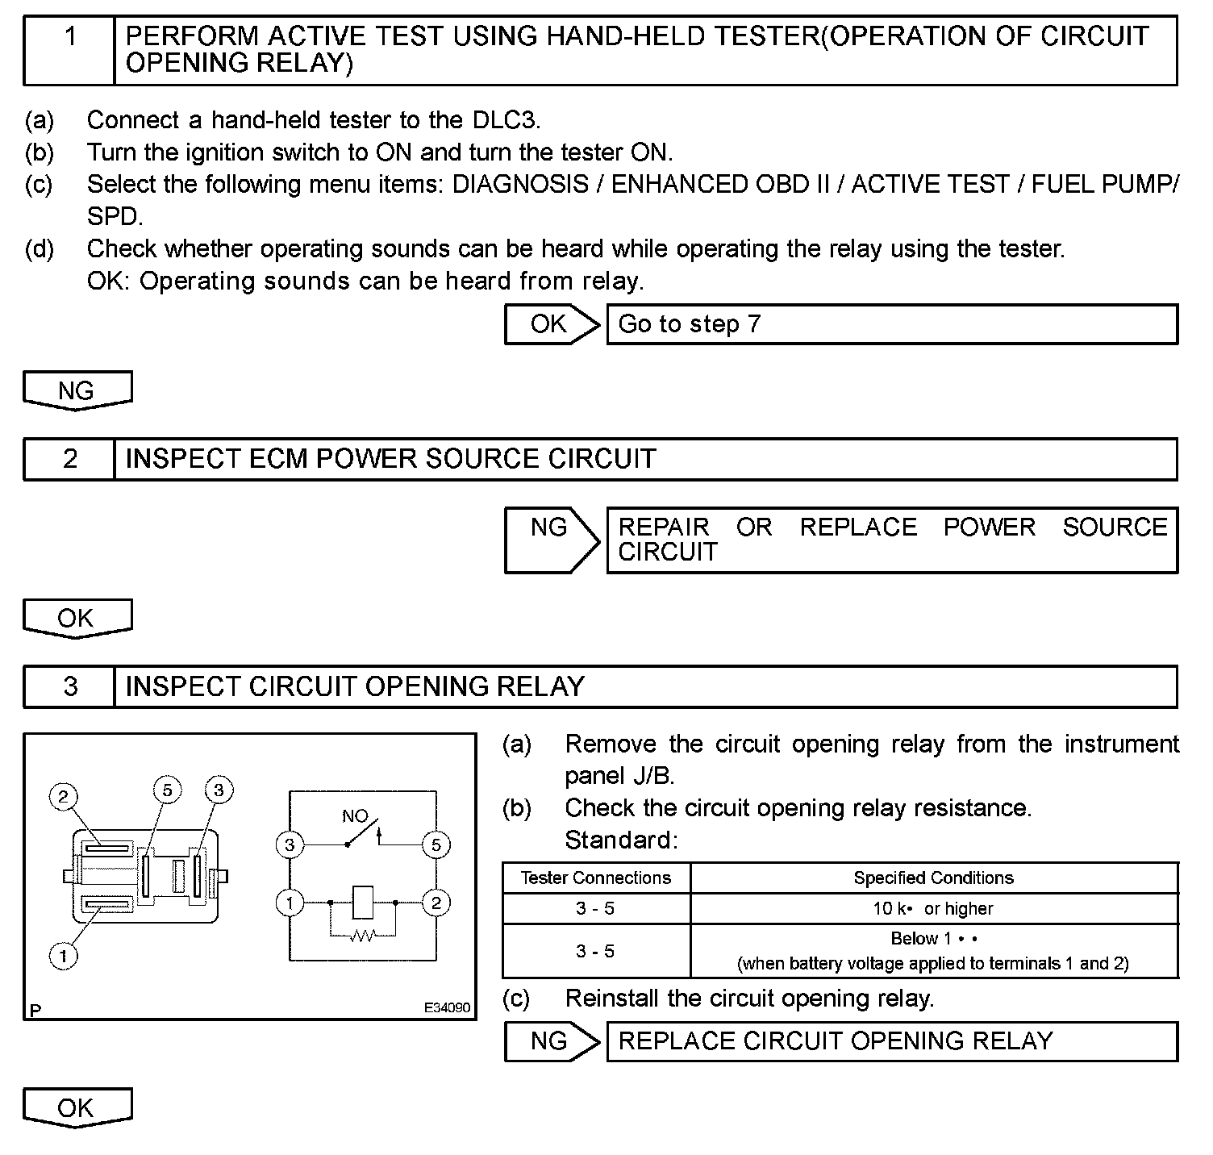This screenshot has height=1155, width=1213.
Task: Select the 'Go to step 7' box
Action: tap(891, 324)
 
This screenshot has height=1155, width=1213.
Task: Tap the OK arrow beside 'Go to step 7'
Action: tap(551, 324)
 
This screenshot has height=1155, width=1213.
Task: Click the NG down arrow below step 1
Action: tap(77, 390)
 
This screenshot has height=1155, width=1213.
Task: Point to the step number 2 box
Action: tap(70, 459)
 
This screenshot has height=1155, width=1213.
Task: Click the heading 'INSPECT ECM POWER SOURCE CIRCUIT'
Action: tap(391, 459)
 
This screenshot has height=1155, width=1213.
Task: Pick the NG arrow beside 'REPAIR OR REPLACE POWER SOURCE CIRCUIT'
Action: tap(551, 539)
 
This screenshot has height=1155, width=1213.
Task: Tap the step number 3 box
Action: tap(70, 686)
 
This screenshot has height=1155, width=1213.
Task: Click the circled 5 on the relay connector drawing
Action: tap(167, 790)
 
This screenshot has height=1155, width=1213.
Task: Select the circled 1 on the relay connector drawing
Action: tap(63, 957)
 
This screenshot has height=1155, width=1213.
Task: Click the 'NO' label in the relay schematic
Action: tap(355, 816)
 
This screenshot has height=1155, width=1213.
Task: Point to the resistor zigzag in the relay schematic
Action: tap(363, 936)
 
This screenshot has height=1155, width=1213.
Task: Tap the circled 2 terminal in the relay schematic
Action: tap(436, 903)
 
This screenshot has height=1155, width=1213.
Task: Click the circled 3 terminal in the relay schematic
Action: tap(290, 845)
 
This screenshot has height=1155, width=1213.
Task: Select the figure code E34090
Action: tap(447, 1007)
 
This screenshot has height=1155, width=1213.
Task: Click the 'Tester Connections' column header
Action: tap(595, 878)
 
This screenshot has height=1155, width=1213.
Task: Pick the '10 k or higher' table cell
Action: tap(933, 908)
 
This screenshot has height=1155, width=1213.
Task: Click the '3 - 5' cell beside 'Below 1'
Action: tap(595, 951)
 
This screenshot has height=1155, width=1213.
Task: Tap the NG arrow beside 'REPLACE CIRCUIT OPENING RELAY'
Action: tap(551, 1041)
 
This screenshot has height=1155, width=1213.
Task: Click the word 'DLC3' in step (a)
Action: tap(503, 120)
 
